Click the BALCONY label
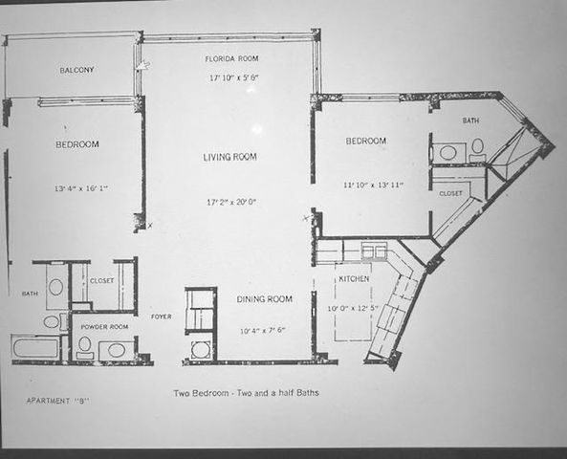pyautogui.click(x=76, y=71)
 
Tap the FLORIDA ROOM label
pyautogui.click(x=231, y=59)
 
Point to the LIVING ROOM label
pyautogui.click(x=229, y=157)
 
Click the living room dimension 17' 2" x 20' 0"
pyautogui.click(x=232, y=202)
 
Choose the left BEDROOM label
pyautogui.click(x=76, y=144)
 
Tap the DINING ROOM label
pyautogui.click(x=265, y=299)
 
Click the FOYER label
pyautogui.click(x=162, y=316)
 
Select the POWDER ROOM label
pyautogui.click(x=103, y=326)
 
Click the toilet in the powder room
pyautogui.click(x=84, y=345)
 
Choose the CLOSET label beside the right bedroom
pyautogui.click(x=451, y=192)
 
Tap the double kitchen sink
pyautogui.click(x=374, y=251)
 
